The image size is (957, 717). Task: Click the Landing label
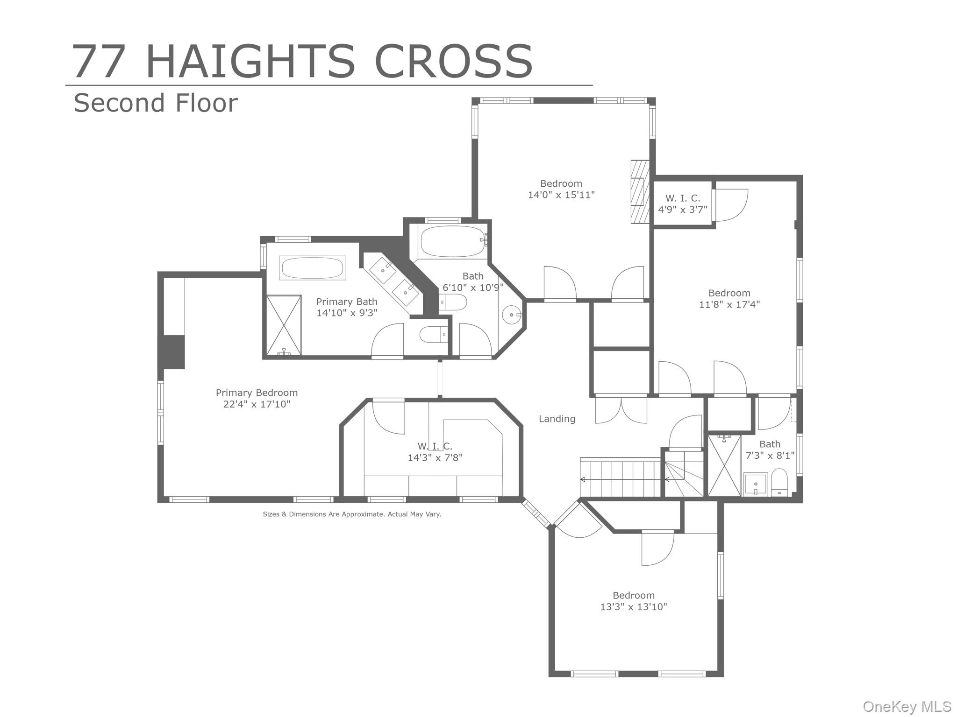(557, 419)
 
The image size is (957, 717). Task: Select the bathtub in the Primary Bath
(312, 268)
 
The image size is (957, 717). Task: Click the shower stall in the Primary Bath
(284, 325)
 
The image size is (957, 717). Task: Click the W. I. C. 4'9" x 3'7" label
(683, 204)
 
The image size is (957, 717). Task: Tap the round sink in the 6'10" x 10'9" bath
(511, 315)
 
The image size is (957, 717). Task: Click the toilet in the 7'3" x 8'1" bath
(779, 482)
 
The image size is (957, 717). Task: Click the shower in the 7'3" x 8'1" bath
(724, 465)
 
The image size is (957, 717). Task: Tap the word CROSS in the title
(453, 61)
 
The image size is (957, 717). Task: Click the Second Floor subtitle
(156, 103)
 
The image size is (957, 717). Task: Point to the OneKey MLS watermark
(907, 706)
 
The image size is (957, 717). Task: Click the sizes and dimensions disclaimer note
(352, 514)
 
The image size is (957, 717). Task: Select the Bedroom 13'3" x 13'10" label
(634, 601)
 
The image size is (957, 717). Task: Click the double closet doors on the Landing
(621, 410)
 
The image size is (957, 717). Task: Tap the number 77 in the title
(99, 61)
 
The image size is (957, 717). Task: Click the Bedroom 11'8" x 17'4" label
(729, 299)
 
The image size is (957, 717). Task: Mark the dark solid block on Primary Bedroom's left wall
(174, 352)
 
